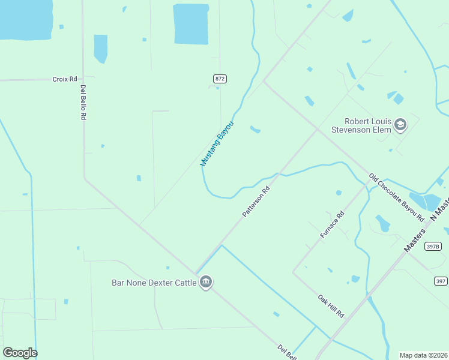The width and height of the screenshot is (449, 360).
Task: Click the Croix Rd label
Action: click(x=65, y=79)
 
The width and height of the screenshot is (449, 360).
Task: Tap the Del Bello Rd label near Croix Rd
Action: click(x=83, y=102)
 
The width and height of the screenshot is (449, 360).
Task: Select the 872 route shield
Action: click(x=220, y=79)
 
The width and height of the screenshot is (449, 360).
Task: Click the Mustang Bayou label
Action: click(x=216, y=144)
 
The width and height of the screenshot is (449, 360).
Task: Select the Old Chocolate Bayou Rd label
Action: click(x=396, y=196)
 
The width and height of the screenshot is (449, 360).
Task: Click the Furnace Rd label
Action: click(x=332, y=225)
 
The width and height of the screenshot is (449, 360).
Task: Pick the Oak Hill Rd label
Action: click(x=331, y=306)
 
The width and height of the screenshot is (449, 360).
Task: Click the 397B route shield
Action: click(x=433, y=246)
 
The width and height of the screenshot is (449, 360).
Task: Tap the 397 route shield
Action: click(x=441, y=281)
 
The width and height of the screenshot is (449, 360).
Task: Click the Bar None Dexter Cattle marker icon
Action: click(x=206, y=282)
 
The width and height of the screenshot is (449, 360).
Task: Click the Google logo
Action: click(x=20, y=353)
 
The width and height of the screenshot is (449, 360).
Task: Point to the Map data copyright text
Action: click(x=423, y=355)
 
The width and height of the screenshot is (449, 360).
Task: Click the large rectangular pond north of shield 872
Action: click(x=191, y=24)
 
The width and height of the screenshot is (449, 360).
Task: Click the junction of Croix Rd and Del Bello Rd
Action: click(x=83, y=79)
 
